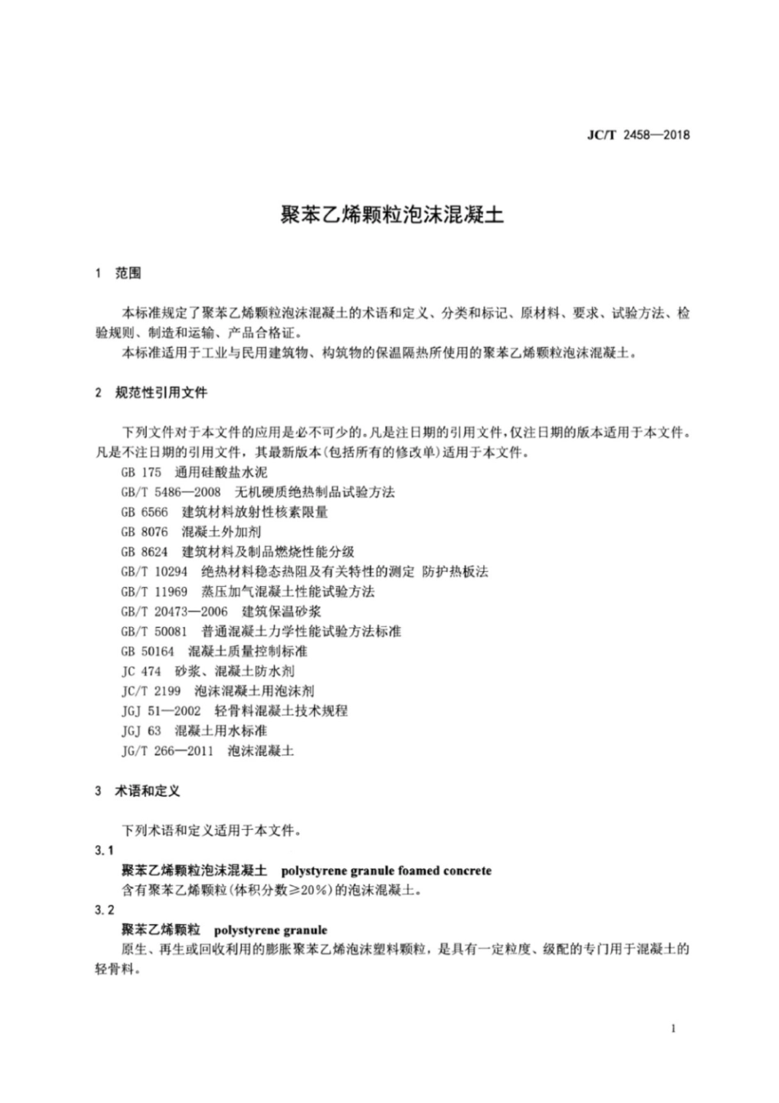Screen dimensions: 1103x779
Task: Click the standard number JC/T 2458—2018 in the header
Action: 639,135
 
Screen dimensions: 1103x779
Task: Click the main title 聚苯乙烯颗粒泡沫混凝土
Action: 389,215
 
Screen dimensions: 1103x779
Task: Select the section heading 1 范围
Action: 118,273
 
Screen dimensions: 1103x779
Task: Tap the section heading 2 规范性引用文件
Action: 151,393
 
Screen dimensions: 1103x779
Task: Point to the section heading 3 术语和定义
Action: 137,791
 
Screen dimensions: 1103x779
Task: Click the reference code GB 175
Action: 141,473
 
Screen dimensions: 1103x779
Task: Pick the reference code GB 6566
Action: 144,512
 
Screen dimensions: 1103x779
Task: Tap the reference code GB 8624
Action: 144,552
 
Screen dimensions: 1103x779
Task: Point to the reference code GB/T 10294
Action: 154,572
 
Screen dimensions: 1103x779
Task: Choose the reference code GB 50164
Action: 148,652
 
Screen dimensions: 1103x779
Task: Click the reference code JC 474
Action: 141,671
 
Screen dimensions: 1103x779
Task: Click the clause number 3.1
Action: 104,850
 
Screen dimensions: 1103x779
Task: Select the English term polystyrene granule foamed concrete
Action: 385,870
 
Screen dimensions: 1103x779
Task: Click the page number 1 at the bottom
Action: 673,1029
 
